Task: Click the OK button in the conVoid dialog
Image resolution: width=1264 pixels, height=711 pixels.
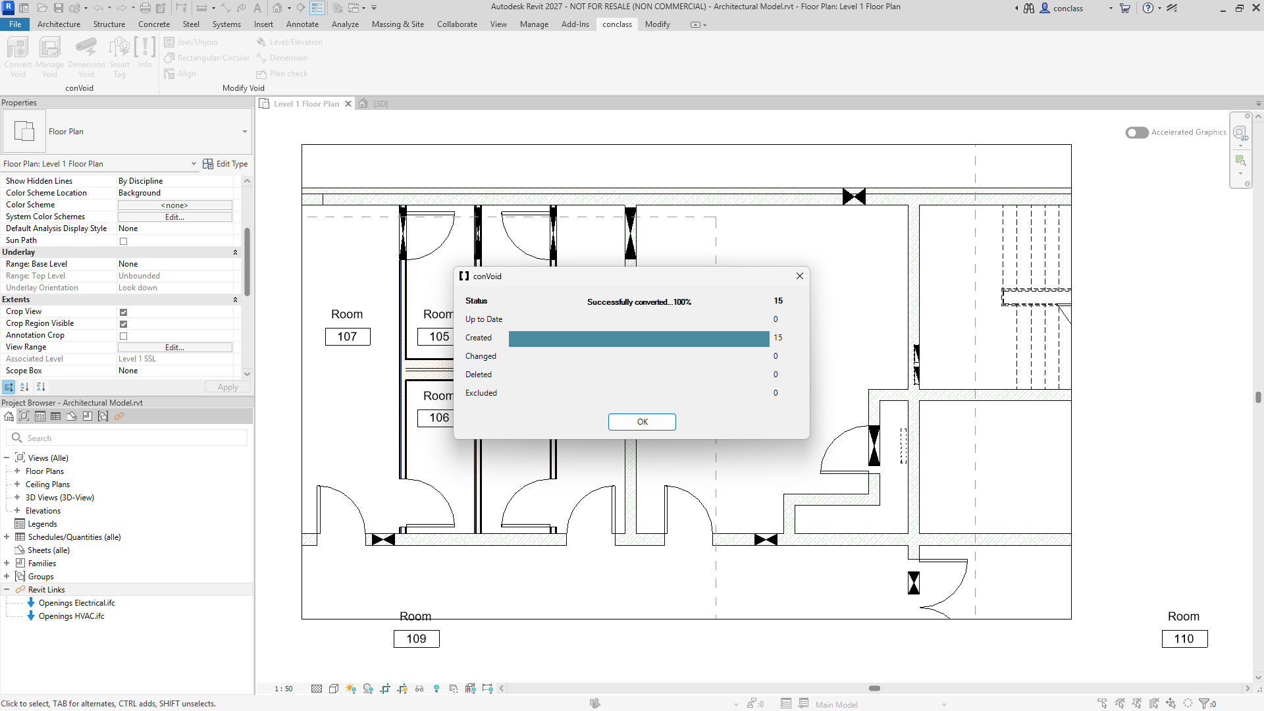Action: coord(642,422)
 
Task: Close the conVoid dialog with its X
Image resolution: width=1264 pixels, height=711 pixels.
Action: coord(800,276)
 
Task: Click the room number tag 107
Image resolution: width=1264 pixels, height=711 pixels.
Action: coord(348,336)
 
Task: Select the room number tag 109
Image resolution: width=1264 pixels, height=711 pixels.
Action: coord(417,639)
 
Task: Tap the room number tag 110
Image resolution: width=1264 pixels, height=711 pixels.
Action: coord(1184,639)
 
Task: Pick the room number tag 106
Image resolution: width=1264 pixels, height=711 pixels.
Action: coord(436,417)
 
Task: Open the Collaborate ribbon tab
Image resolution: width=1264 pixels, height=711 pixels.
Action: coord(457,24)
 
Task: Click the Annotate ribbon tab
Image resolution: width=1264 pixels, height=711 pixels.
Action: coord(302,24)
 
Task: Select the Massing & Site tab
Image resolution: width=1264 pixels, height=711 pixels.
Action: coord(398,24)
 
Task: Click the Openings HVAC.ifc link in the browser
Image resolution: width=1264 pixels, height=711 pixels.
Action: coord(71,616)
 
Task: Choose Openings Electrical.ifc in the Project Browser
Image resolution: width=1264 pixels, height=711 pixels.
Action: coord(76,603)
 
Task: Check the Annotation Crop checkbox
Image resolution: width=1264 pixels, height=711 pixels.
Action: coord(123,336)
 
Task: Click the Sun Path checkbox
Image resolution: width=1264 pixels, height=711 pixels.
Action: coord(123,241)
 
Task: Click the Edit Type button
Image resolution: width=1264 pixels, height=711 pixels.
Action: coord(225,164)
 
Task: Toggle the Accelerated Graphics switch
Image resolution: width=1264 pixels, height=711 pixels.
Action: coord(1137,132)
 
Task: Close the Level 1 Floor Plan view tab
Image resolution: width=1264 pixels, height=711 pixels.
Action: coord(348,104)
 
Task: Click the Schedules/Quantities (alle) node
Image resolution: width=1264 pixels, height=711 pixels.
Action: coord(74,537)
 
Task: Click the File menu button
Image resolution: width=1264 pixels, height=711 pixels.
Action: coord(14,24)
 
